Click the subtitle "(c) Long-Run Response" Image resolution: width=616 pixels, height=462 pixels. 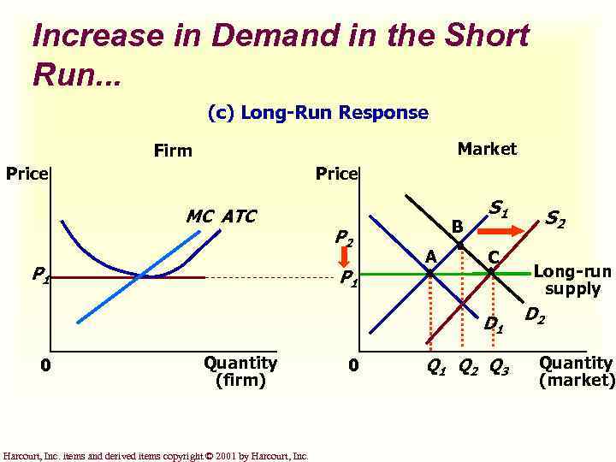click(x=317, y=113)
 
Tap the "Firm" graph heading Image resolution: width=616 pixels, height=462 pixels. click(x=173, y=151)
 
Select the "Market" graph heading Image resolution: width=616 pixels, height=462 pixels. click(x=487, y=149)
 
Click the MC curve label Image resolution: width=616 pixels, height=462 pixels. click(x=200, y=216)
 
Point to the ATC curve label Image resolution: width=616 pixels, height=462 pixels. click(x=238, y=216)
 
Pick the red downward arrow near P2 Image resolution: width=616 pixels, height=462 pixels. click(x=367, y=254)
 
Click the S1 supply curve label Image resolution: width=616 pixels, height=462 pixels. click(x=499, y=208)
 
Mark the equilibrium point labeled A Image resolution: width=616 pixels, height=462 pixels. click(x=429, y=273)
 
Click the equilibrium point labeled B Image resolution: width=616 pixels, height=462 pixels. click(x=460, y=246)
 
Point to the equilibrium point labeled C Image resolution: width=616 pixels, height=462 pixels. click(x=491, y=273)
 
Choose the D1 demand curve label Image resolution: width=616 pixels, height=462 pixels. click(x=494, y=324)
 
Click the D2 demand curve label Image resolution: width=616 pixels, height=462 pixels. click(x=535, y=317)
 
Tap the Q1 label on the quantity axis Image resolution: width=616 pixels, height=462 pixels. click(x=435, y=369)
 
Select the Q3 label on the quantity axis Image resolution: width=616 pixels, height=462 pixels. click(x=499, y=369)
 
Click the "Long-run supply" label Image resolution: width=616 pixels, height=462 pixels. click(x=572, y=281)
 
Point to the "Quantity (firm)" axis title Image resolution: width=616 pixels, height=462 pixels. click(x=240, y=371)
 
